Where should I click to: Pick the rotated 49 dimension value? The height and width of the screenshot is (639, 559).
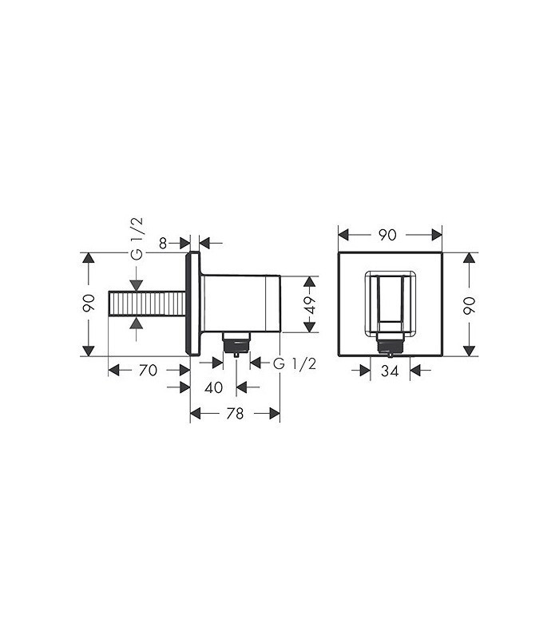(310, 305)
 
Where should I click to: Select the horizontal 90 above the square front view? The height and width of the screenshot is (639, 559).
(389, 235)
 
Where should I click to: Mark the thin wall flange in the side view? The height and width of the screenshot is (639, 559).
(192, 305)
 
